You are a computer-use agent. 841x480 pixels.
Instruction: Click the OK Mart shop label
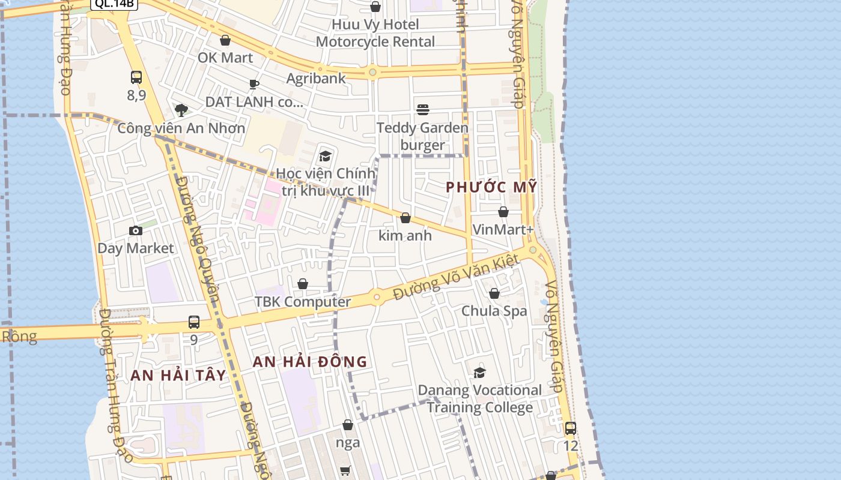coord(225,58)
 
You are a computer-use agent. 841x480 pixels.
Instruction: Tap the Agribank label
coord(316,78)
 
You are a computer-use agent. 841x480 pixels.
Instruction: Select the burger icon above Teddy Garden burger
coord(423,110)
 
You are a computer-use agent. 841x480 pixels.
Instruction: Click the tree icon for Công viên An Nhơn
coord(181,110)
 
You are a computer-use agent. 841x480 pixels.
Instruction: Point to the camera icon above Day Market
coord(136,230)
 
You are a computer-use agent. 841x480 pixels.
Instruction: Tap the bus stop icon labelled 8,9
coord(136,77)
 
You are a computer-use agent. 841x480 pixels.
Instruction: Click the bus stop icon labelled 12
coord(570,428)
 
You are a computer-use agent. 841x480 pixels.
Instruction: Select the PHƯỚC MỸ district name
coord(491,187)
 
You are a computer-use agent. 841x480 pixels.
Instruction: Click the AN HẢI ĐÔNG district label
coord(309,362)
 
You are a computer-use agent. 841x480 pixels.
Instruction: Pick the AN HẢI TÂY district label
coord(178,376)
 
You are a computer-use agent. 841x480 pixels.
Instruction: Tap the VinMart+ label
coord(503,230)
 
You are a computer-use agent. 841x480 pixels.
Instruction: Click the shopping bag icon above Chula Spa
coord(494,293)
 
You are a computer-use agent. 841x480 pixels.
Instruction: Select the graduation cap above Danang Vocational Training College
coord(479,373)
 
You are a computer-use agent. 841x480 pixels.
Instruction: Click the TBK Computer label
coord(303,302)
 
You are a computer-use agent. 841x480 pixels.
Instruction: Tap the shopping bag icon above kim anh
coord(405,218)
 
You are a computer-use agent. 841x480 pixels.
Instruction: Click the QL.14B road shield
coord(114,4)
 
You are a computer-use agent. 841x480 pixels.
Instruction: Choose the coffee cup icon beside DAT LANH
coord(254,85)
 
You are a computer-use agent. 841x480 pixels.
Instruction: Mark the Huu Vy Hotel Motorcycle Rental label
coord(375,33)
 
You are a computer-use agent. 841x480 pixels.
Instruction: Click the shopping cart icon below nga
coord(345,471)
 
